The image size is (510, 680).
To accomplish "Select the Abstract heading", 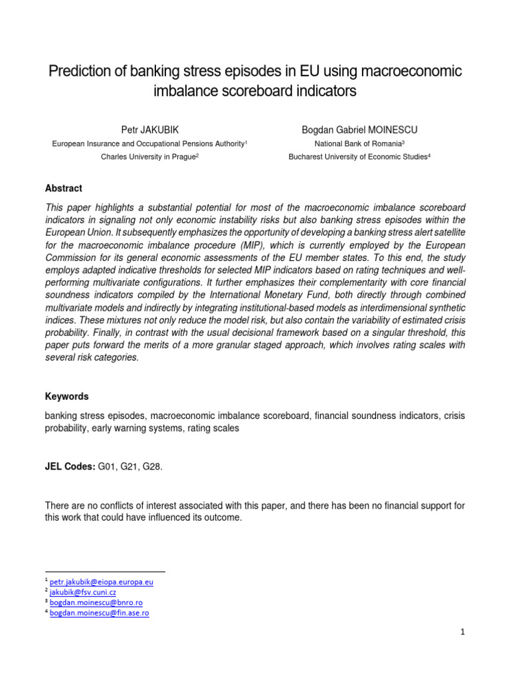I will pyautogui.click(x=64, y=189).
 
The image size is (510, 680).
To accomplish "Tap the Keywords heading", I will pyautogui.click(x=66, y=396).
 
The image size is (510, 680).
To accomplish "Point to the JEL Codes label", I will pyautogui.click(x=70, y=467).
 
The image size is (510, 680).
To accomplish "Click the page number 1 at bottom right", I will pyautogui.click(x=463, y=632).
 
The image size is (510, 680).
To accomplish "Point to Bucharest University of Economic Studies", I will pyautogui.click(x=358, y=157).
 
